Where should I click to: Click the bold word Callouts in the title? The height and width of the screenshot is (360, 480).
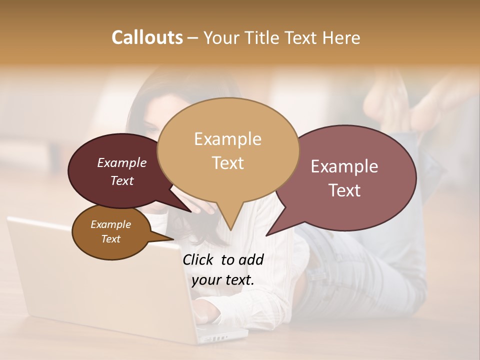[x=147, y=37]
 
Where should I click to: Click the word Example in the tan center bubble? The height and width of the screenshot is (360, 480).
[x=227, y=139]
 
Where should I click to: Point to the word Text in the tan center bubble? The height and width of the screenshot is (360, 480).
[x=227, y=163]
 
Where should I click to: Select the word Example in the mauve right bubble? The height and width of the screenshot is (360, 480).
[x=344, y=166]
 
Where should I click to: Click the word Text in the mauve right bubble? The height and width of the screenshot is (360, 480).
[x=344, y=190]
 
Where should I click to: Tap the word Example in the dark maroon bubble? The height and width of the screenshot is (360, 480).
[x=121, y=162]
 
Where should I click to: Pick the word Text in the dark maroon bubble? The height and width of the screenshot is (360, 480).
[x=121, y=180]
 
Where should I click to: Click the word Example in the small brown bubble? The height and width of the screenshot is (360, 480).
[x=110, y=224]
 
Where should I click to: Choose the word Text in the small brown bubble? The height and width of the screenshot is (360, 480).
[x=110, y=239]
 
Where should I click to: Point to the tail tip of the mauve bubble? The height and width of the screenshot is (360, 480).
[x=267, y=234]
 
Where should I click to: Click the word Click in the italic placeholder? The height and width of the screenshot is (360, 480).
[x=199, y=259]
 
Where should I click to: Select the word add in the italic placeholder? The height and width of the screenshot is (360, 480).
[x=251, y=259]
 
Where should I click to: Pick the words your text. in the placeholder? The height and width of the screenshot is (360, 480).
[x=223, y=280]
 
